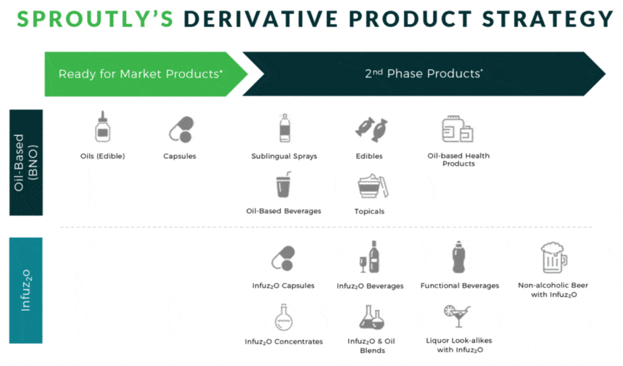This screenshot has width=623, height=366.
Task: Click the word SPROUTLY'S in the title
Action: click(x=95, y=19)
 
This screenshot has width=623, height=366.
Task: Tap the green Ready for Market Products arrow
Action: click(x=146, y=74)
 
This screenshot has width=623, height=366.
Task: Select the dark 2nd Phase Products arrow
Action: click(x=423, y=74)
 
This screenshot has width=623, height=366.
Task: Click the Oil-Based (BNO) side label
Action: click(x=26, y=162)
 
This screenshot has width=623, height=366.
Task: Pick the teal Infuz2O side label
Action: click(x=26, y=291)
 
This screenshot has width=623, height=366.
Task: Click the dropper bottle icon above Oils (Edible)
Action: click(x=102, y=127)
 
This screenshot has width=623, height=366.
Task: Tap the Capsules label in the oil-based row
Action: click(x=179, y=156)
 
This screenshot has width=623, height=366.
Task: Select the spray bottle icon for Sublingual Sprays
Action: click(x=285, y=128)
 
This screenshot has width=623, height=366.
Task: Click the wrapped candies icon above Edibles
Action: click(x=371, y=129)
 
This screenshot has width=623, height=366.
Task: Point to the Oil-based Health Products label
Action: click(x=458, y=160)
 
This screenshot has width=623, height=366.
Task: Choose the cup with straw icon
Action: click(x=284, y=185)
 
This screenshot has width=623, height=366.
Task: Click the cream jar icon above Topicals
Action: click(x=373, y=185)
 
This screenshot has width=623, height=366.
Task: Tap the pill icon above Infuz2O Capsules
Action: click(x=283, y=258)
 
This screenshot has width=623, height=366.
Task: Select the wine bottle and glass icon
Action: click(x=369, y=257)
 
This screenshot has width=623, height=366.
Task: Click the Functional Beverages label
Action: click(x=460, y=286)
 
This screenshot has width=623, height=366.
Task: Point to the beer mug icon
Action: click(x=554, y=257)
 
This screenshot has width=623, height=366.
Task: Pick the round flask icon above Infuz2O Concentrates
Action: click(x=284, y=317)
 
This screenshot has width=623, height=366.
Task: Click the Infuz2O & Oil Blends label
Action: click(x=372, y=346)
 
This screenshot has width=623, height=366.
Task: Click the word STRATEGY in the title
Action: click(x=548, y=19)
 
